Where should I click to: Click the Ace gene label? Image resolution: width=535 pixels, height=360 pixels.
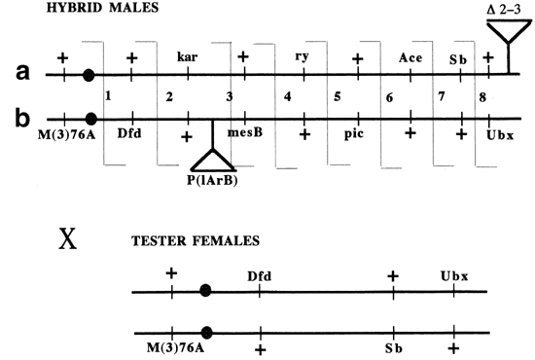point(410,57)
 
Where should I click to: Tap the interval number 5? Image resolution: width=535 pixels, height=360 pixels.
point(338,98)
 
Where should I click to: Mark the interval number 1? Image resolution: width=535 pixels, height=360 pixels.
point(109,97)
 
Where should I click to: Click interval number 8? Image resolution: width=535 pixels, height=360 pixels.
point(482,97)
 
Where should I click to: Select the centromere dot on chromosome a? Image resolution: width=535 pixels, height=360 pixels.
point(89,74)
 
